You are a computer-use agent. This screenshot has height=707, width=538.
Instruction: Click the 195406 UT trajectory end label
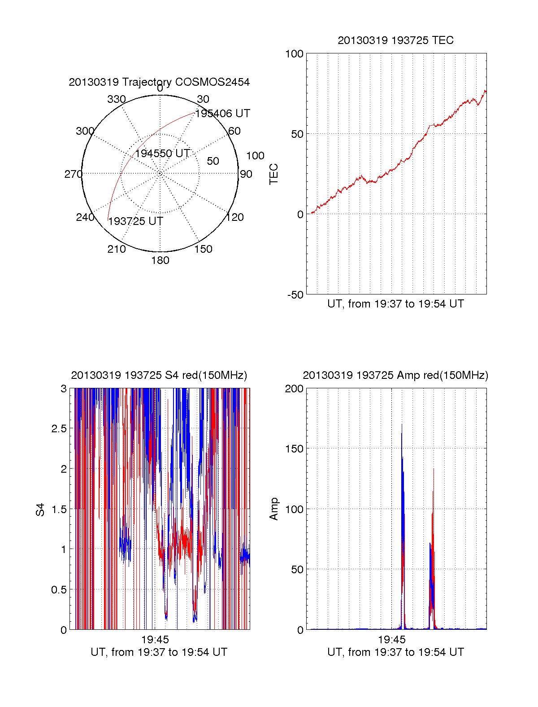pyautogui.click(x=222, y=114)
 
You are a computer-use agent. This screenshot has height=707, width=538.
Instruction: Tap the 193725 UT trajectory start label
pyautogui.click(x=135, y=221)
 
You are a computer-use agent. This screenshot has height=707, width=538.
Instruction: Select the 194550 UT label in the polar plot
pyautogui.click(x=162, y=154)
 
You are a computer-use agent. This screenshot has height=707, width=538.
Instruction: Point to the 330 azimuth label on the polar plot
pyautogui.click(x=117, y=99)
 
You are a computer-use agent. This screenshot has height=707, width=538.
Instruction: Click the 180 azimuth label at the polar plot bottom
pyautogui.click(x=160, y=260)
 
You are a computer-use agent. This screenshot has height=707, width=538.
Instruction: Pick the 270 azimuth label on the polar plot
pyautogui.click(x=73, y=174)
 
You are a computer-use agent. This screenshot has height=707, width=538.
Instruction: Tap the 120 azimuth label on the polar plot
pyautogui.click(x=234, y=217)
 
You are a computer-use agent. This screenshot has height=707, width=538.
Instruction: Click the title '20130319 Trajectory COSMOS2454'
pyautogui.click(x=159, y=82)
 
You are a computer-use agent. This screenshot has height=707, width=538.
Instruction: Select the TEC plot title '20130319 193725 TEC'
pyautogui.click(x=395, y=40)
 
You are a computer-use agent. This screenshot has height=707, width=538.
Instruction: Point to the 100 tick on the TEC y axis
pyautogui.click(x=295, y=54)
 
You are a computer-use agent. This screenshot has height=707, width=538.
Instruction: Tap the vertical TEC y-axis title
pyautogui.click(x=273, y=174)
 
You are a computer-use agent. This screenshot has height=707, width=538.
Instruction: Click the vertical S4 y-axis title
pyautogui.click(x=41, y=509)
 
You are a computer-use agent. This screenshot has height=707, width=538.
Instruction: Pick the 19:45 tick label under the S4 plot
pyautogui.click(x=155, y=639)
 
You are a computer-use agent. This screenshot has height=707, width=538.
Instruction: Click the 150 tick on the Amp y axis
pyautogui.click(x=295, y=448)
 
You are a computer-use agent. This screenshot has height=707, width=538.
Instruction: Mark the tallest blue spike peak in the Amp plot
pyautogui.click(x=402, y=424)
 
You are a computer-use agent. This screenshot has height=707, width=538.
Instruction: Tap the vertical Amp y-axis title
pyautogui.click(x=273, y=509)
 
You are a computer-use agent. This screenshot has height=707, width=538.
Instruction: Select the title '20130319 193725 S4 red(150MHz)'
pyautogui.click(x=159, y=375)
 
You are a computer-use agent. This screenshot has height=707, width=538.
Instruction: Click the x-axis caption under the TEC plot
pyautogui.click(x=395, y=304)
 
